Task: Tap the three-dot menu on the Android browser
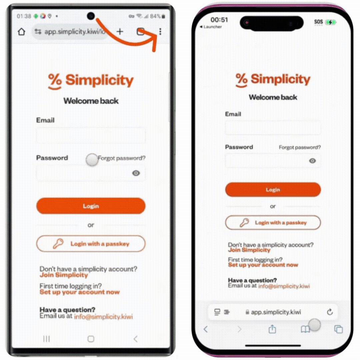160,31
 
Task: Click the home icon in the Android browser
22,31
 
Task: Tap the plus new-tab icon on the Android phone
120,31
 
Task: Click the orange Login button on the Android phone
91,206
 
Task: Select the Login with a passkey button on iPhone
273,222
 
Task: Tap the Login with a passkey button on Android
91,244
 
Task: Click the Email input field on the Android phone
91,135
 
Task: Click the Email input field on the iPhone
273,127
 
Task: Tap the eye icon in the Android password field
136,173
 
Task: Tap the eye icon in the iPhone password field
312,161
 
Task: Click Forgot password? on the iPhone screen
300,147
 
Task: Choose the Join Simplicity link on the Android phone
64,275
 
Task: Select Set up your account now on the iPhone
263,265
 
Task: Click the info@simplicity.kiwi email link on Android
103,317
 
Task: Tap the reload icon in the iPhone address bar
330,312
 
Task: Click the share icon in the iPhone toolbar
272,329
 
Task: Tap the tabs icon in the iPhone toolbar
338,329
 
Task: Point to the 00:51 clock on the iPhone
219,20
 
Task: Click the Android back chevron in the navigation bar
136,339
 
